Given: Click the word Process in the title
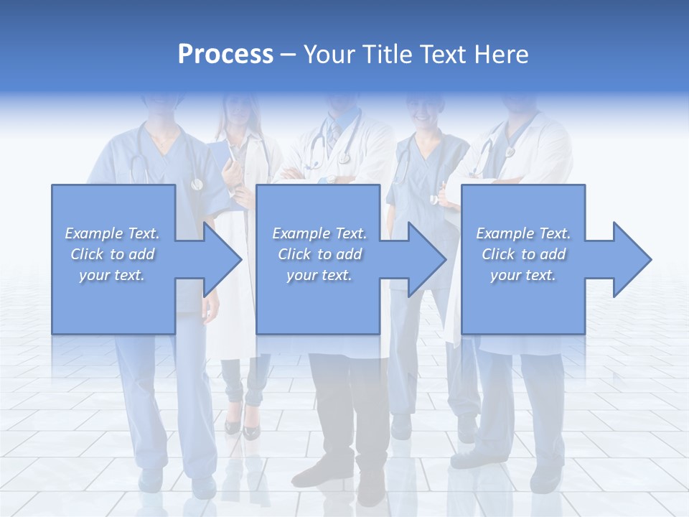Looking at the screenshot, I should pos(225,55).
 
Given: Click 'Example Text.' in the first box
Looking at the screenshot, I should pos(113,233).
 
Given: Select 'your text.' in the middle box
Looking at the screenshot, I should pos(319,275).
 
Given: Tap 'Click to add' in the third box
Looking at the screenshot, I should pos(523,254).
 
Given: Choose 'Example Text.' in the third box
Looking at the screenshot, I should pos(523,233).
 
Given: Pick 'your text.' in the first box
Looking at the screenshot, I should pos(113,275).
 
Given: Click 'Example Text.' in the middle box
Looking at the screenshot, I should pos(319,233).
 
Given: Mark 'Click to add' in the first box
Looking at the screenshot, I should pos(113,254).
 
